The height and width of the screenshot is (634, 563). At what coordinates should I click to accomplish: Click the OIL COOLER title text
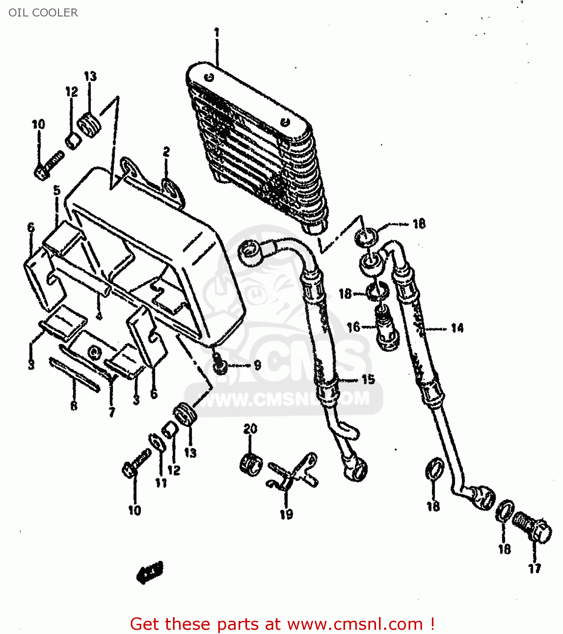point(43,13)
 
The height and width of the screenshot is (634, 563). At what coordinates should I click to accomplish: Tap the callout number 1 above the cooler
point(217,33)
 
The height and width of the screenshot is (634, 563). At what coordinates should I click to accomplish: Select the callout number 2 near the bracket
point(166,152)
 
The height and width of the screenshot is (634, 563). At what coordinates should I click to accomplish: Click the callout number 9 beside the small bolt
point(257,365)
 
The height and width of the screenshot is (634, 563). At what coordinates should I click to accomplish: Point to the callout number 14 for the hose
point(457,328)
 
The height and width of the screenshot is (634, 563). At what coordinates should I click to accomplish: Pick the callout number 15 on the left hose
point(368,380)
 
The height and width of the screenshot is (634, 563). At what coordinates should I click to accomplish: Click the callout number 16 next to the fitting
point(353,327)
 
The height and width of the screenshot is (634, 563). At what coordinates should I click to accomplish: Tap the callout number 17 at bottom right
point(535,568)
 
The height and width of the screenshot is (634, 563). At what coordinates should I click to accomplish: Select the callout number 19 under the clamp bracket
point(286,514)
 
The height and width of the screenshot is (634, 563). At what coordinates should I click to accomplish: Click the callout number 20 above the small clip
point(250,429)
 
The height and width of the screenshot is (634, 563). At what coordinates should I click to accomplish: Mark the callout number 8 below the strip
point(74,406)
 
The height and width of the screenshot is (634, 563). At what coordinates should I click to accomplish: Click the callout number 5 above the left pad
point(57,191)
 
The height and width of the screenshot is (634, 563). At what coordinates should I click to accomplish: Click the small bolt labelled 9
point(220,366)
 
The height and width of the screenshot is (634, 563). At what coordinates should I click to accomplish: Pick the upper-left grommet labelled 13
point(90,125)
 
